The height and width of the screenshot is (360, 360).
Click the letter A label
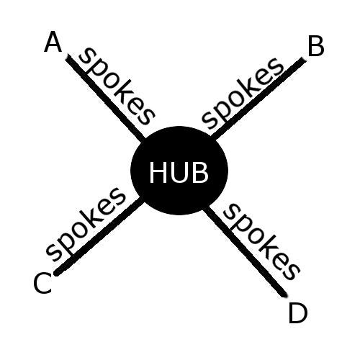click(53, 42)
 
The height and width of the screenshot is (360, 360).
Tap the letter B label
click(316, 46)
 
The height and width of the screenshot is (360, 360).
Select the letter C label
click(42, 283)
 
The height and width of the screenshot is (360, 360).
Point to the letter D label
click(298, 313)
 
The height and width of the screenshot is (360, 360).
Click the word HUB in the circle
click(179, 172)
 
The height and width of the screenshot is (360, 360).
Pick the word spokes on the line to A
click(117, 86)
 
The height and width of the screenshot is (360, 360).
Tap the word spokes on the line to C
click(86, 224)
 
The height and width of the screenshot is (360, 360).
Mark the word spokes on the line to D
click(261, 241)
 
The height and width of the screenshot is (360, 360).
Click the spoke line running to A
click(106, 98)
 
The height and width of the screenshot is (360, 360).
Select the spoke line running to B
click(258, 99)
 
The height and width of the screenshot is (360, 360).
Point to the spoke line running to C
click(99, 237)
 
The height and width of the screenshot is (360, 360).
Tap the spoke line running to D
click(246, 251)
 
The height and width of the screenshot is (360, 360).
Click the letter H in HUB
click(158, 172)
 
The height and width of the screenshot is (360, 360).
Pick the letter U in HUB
click(179, 173)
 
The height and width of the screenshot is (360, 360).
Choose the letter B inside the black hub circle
click(200, 172)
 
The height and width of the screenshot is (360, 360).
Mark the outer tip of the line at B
click(304, 59)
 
